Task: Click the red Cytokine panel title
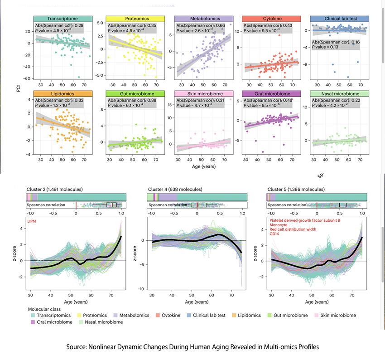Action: (270, 19)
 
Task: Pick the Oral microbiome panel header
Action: (270, 93)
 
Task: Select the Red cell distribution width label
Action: (293, 229)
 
